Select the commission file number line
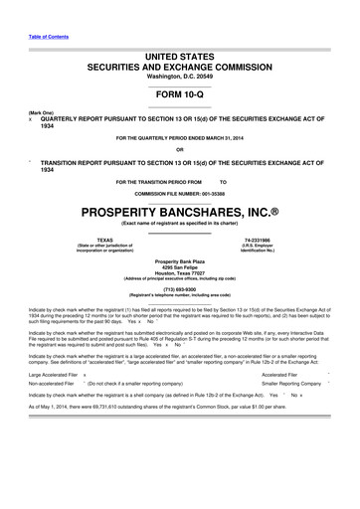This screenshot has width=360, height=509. tap(179, 193)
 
